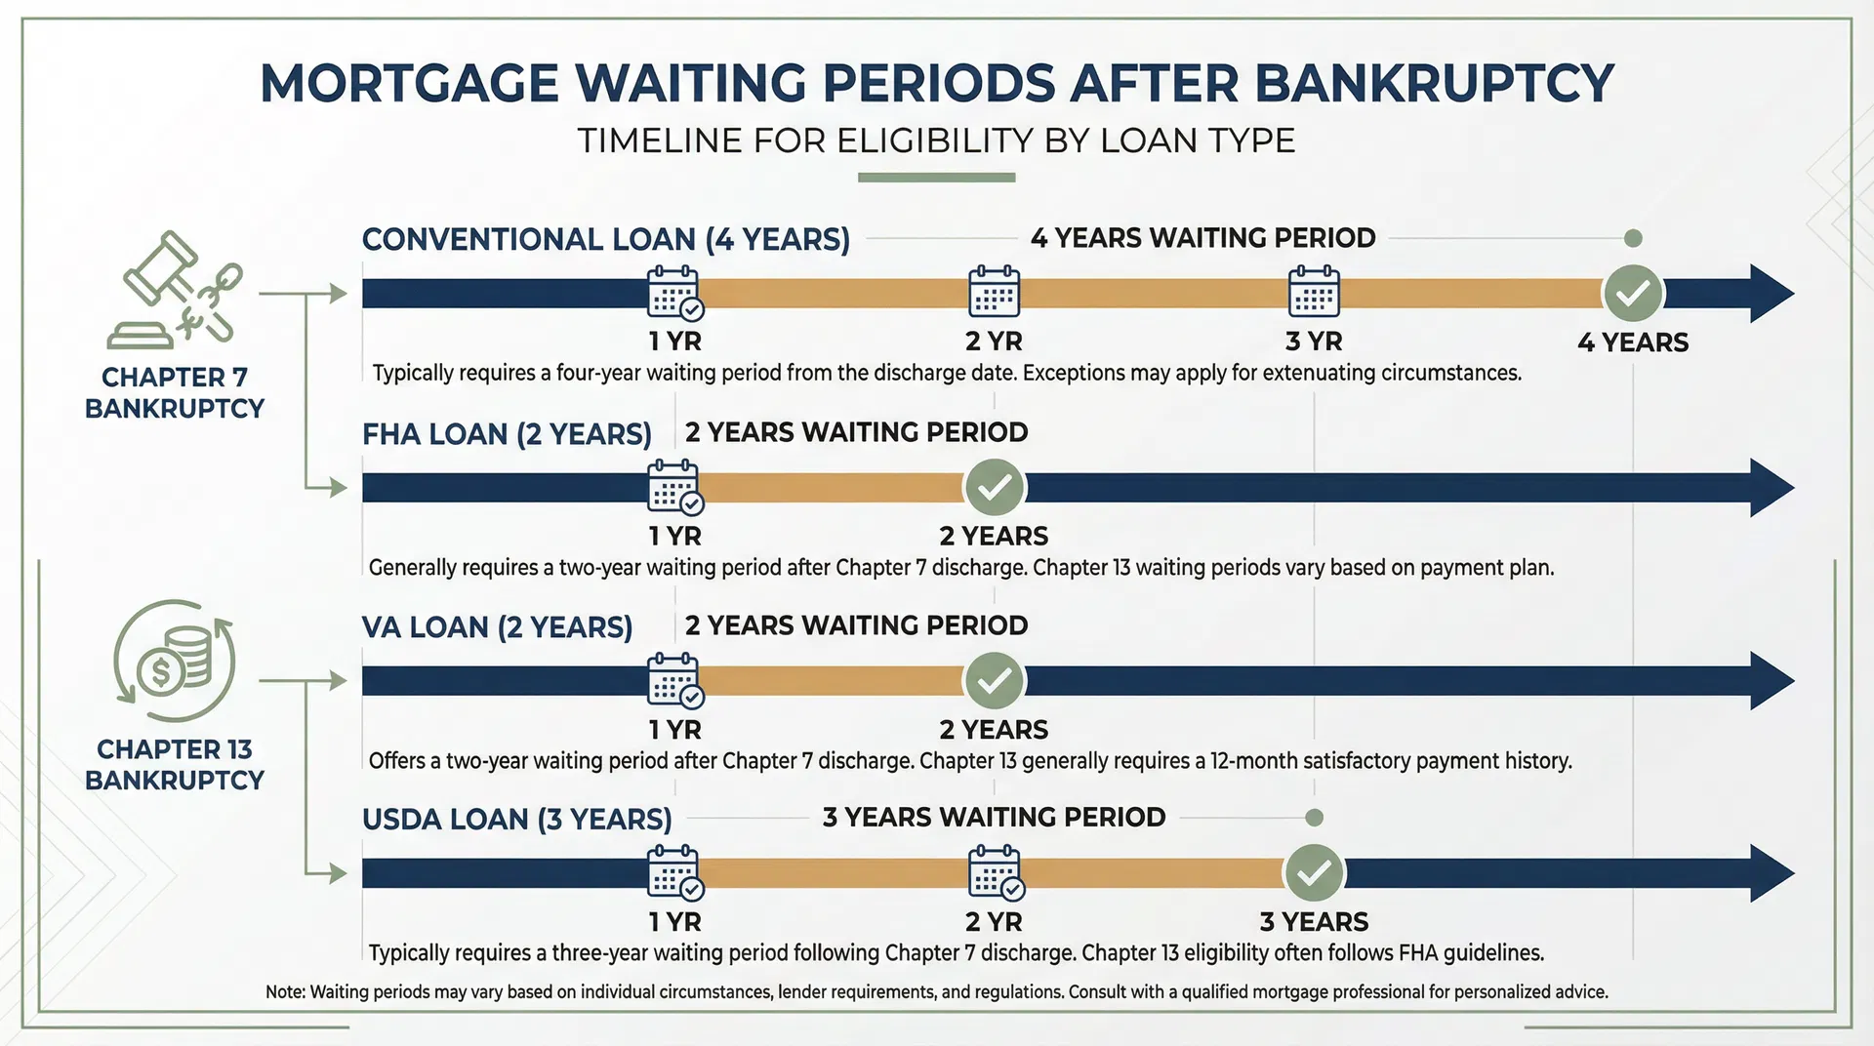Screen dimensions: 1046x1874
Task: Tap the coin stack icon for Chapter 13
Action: tap(176, 662)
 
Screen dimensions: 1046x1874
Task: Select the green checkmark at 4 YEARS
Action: tap(1633, 293)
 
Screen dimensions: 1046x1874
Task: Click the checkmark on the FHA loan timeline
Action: tap(995, 487)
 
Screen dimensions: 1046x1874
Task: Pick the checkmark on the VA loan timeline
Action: tap(995, 680)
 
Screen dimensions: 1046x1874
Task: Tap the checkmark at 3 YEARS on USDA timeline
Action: tap(1314, 872)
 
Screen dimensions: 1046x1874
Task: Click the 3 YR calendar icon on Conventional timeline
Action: tap(1314, 291)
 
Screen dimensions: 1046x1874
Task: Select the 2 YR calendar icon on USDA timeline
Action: tap(995, 872)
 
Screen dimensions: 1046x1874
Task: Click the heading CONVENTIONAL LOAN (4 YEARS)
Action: tap(605, 239)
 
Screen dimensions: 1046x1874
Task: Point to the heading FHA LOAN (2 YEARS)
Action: tap(507, 433)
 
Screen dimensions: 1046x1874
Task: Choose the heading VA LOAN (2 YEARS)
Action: tap(497, 626)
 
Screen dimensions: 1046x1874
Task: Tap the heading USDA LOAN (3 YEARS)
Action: tap(516, 819)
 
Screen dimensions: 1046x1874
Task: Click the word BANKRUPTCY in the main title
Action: tap(1434, 83)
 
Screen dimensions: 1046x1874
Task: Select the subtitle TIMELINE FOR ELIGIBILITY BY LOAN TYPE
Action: tap(936, 141)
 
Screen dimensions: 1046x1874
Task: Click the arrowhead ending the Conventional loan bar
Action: tap(1769, 293)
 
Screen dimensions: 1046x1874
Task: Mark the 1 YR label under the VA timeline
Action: tap(674, 729)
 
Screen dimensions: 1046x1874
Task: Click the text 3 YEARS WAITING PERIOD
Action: tap(994, 817)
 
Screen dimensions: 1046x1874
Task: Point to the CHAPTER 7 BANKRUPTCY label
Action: tap(175, 392)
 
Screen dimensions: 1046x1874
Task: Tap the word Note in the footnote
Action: tap(284, 992)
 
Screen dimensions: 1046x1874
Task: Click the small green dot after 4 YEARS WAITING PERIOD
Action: tap(1633, 238)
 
